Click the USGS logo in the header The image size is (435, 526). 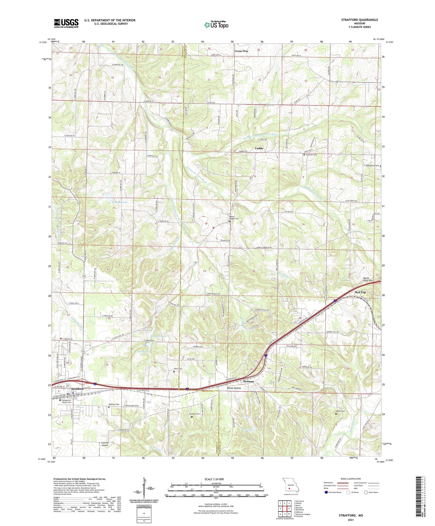pos(66,23)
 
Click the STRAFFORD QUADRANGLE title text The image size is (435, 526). pos(359,20)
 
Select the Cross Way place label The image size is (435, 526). pos(241,51)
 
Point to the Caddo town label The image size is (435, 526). pos(259,148)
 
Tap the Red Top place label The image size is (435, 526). pos(360,293)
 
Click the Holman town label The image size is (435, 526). pos(249,381)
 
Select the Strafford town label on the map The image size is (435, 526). pos(77,389)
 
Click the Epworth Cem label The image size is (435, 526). pos(311,155)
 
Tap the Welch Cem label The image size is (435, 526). pos(340,411)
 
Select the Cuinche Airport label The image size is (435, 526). pos(104,444)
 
